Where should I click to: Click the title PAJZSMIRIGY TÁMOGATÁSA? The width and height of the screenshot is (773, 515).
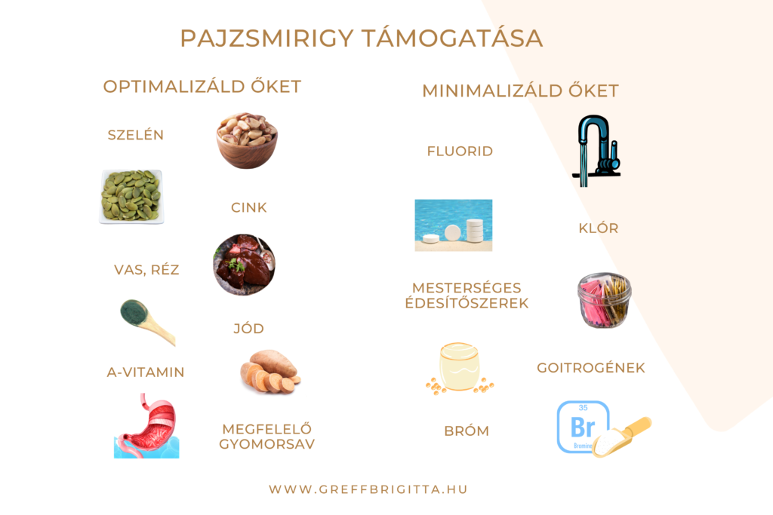coord(362,38)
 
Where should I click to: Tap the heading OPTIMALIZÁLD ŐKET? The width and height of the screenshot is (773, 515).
coord(202,86)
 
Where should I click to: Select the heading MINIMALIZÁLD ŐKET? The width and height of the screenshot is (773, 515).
coord(521,90)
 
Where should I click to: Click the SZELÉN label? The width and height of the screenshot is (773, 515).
coord(136,135)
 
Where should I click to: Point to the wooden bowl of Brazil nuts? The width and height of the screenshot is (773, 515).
coord(247,141)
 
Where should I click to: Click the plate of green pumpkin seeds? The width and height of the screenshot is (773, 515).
coord(131,197)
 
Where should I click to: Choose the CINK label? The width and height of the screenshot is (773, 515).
coord(249,208)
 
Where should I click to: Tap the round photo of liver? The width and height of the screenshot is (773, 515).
coord(244,265)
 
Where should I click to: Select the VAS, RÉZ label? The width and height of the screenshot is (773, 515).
coord(146,270)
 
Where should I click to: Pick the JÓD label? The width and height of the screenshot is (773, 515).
coord(249,329)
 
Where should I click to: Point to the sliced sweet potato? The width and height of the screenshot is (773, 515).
coord(270,371)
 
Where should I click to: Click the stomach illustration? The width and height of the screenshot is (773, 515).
coord(146,425)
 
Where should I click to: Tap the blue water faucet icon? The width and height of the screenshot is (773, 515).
coord(596,151)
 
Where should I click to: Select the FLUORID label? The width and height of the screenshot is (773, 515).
coord(460,151)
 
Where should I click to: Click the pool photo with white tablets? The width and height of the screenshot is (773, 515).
coord(454,225)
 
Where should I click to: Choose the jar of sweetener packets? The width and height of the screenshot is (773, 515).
coord(605,300)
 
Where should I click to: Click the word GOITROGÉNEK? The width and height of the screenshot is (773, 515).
coord(591,368)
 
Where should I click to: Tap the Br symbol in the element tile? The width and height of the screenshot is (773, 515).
coord(583,427)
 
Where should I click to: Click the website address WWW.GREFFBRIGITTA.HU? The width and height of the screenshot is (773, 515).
coord(368,489)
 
